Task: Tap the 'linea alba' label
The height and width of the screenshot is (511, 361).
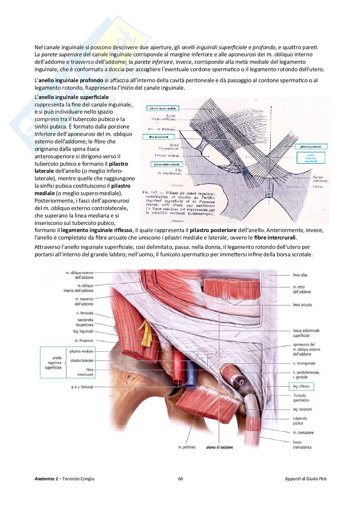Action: click(300, 275)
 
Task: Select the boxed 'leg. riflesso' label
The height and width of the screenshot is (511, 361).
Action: click(301, 386)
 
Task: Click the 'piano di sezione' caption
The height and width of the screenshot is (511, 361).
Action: click(220, 447)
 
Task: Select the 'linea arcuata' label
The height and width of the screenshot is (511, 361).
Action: click(302, 305)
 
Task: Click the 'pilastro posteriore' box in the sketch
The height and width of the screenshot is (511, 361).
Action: click(311, 147)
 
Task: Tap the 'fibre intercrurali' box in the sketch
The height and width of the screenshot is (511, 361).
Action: click(159, 137)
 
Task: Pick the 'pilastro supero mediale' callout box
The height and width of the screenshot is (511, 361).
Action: click(162, 109)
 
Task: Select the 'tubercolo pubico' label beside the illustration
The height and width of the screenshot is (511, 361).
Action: click(300, 421)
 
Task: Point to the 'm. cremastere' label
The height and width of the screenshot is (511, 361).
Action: click(303, 433)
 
